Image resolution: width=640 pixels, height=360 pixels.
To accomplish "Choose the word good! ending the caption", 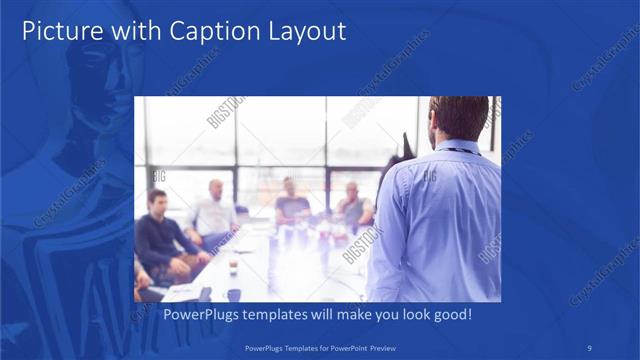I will pos(450,314).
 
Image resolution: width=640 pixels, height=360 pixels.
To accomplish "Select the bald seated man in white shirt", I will pos(214,210).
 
